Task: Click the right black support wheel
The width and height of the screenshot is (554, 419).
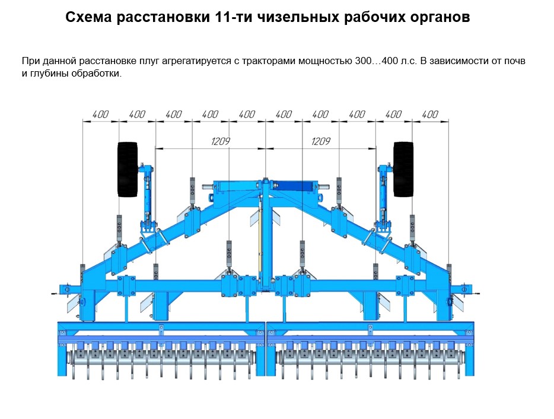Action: (x=403, y=169)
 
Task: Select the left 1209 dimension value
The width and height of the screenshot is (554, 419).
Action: (x=220, y=141)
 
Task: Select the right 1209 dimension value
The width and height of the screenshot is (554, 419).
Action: (x=320, y=141)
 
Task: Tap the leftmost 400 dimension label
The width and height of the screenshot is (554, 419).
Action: (x=100, y=115)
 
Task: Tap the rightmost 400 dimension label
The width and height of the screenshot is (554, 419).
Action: (x=429, y=115)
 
